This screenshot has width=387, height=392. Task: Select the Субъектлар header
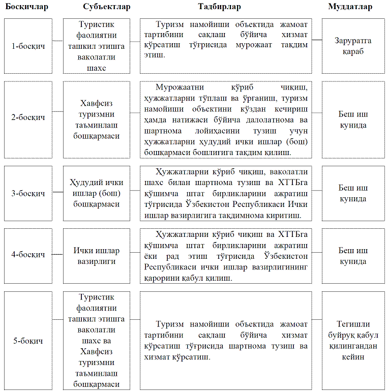click(x=106, y=7)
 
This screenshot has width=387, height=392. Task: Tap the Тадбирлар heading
click(x=220, y=7)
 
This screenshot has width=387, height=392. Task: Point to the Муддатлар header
click(x=350, y=7)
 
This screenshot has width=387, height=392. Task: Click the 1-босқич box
click(x=28, y=46)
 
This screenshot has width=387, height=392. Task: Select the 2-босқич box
click(x=28, y=117)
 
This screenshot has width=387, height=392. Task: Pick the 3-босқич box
click(x=28, y=193)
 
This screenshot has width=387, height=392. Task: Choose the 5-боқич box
click(x=28, y=341)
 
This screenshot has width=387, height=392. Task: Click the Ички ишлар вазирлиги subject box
click(x=96, y=256)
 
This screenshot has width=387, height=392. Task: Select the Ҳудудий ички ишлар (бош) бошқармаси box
click(x=96, y=193)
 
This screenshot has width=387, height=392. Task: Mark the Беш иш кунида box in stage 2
click(x=353, y=119)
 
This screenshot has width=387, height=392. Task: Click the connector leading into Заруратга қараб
click(x=317, y=40)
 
